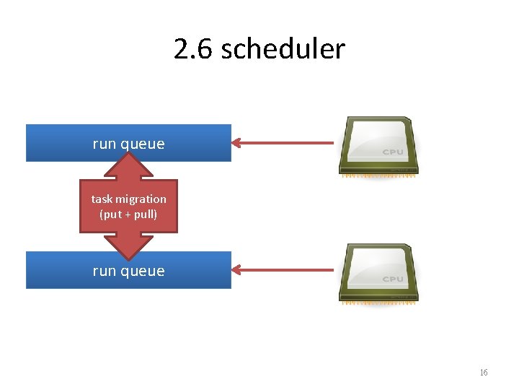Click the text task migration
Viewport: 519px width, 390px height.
point(128,199)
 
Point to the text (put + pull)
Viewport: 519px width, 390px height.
point(128,214)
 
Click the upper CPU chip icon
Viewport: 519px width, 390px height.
point(378,144)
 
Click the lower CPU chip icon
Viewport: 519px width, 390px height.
point(378,272)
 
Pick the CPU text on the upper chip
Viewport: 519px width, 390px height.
point(393,152)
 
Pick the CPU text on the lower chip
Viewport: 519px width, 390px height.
point(393,279)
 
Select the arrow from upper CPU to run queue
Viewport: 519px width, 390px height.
point(288,143)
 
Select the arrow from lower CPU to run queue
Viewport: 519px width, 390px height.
point(288,271)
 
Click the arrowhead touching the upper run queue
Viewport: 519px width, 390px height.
point(239,143)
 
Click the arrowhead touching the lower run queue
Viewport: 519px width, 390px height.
point(239,271)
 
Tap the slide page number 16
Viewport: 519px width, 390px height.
point(484,373)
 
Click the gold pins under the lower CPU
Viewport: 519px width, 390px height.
point(378,303)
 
